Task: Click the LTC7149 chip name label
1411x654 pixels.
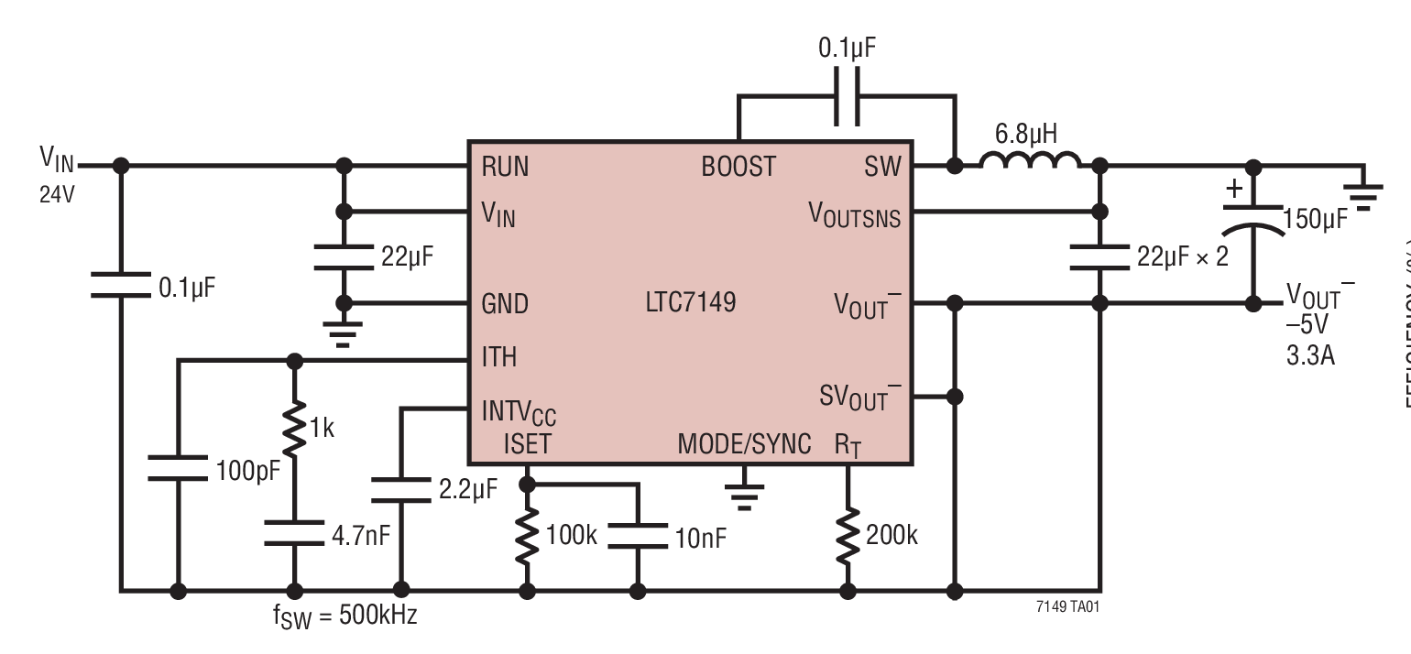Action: pyautogui.click(x=690, y=303)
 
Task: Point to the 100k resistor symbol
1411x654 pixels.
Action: pyautogui.click(x=527, y=537)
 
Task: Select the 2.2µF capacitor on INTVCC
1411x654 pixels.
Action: pyautogui.click(x=401, y=489)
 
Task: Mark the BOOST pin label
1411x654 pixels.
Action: pyautogui.click(x=738, y=167)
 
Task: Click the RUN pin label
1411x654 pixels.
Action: pyautogui.click(x=505, y=167)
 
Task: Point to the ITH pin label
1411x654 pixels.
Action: pyautogui.click(x=498, y=357)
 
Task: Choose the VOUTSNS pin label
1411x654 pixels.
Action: pyautogui.click(x=854, y=216)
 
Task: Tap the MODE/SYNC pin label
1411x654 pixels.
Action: pyautogui.click(x=744, y=444)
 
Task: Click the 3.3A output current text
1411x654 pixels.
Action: pyautogui.click(x=1309, y=355)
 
